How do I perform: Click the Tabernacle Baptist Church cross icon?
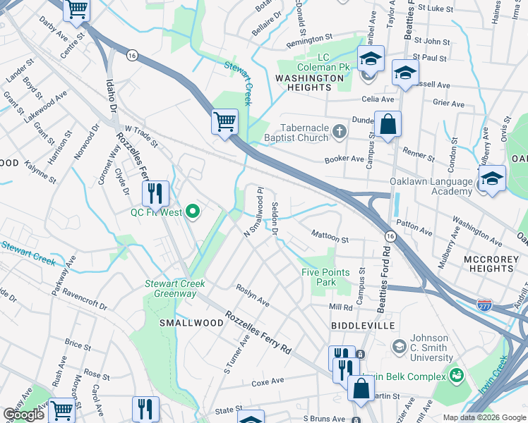(340, 130)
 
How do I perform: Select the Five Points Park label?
(327, 277)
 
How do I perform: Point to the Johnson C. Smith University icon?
(399, 345)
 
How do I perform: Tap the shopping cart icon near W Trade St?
(225, 122)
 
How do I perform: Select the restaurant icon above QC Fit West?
(156, 193)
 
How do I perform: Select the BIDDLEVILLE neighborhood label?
(361, 326)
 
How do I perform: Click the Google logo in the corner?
(24, 415)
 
